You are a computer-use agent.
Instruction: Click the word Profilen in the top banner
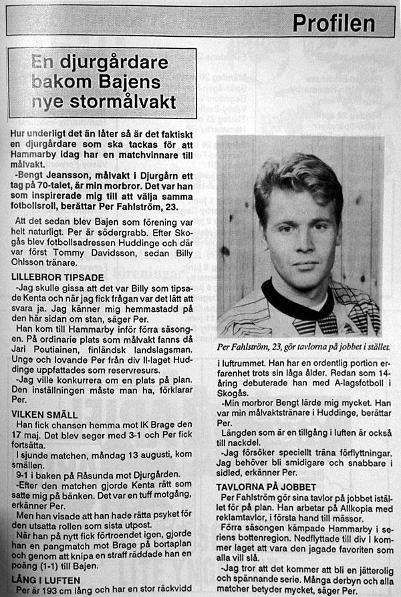pyautogui.click(x=333, y=23)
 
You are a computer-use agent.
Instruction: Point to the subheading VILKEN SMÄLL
pyautogui.click(x=45, y=415)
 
